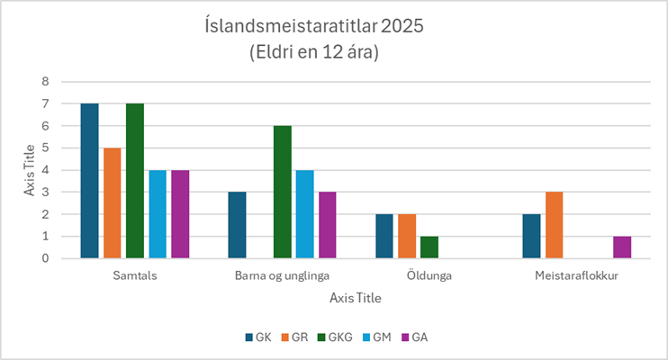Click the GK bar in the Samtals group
click(89, 181)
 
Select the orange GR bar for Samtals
click(112, 203)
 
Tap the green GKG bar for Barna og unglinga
click(282, 192)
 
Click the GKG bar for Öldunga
click(429, 247)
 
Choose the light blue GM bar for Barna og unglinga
click(304, 214)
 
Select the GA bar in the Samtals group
click(180, 214)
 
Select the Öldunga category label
click(429, 276)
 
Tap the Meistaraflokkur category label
click(576, 276)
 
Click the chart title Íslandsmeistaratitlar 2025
click(314, 25)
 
